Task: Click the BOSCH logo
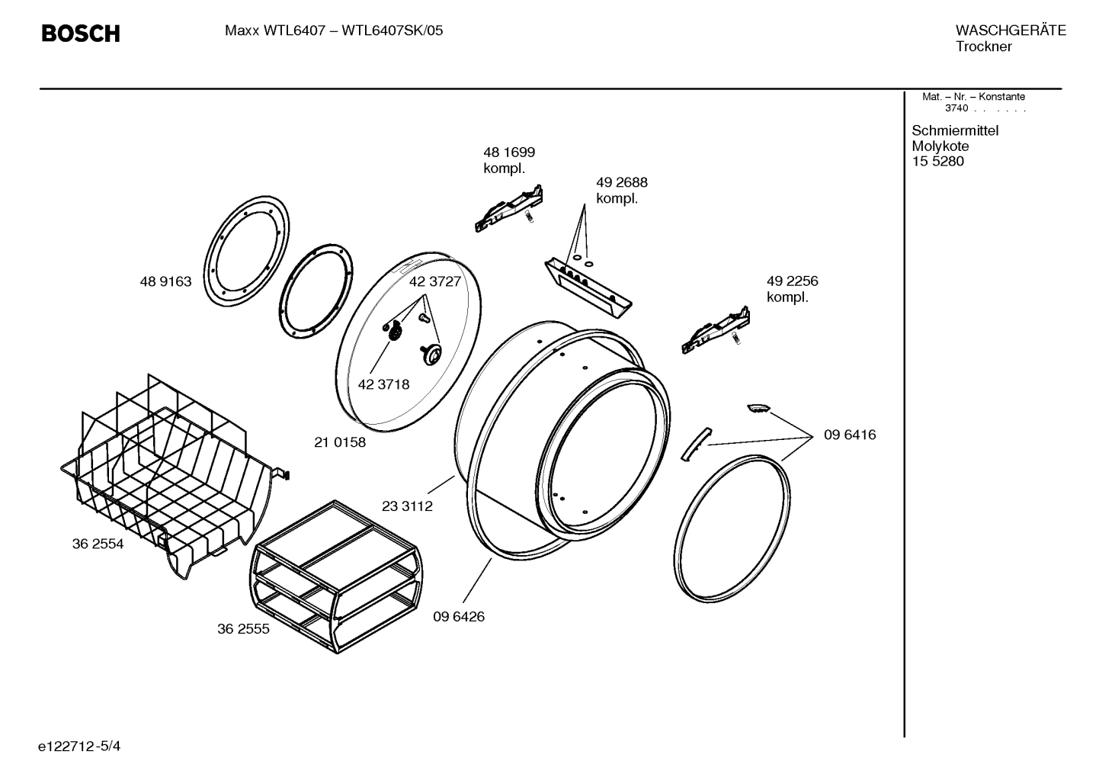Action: [x=80, y=34]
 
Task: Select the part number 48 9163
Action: [x=165, y=282]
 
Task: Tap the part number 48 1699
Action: [x=508, y=153]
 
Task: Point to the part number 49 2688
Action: [x=621, y=183]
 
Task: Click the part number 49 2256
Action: [x=792, y=281]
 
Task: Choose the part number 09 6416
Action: [x=849, y=435]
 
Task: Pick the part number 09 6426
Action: [x=459, y=617]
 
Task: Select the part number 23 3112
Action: [x=407, y=506]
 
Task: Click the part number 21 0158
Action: [x=340, y=442]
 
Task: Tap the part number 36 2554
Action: [x=98, y=544]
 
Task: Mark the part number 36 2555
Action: [x=243, y=630]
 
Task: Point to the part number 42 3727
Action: [x=435, y=281]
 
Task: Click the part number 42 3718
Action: [x=383, y=384]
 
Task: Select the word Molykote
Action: [x=940, y=146]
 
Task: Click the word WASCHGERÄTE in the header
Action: [x=1010, y=31]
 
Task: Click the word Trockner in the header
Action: [x=983, y=47]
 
